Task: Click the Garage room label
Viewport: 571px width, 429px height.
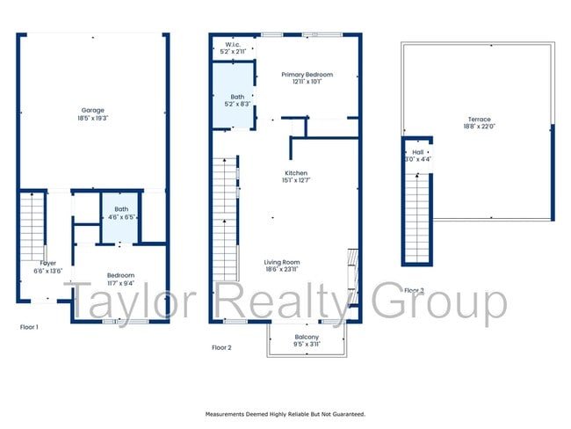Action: click(x=92, y=110)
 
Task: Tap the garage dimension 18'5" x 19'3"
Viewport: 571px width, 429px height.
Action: click(x=92, y=118)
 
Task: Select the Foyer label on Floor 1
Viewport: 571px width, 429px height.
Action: click(x=47, y=263)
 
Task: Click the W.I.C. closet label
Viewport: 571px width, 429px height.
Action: click(x=234, y=44)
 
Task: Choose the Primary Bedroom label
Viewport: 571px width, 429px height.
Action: click(x=307, y=75)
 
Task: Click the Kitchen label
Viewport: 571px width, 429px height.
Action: click(x=295, y=174)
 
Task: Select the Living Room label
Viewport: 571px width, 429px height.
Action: click(x=283, y=262)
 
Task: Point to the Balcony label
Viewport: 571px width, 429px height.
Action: click(x=307, y=338)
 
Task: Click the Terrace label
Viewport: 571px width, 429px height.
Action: click(x=479, y=120)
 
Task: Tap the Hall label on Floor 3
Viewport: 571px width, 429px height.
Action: click(x=417, y=152)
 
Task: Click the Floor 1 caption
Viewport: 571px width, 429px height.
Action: click(x=29, y=326)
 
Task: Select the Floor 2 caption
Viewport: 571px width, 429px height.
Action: click(x=221, y=347)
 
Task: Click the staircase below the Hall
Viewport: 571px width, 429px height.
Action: click(x=417, y=215)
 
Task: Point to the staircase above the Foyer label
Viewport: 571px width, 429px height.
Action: click(x=31, y=224)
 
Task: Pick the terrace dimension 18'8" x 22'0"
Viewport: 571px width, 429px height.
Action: click(x=479, y=127)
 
